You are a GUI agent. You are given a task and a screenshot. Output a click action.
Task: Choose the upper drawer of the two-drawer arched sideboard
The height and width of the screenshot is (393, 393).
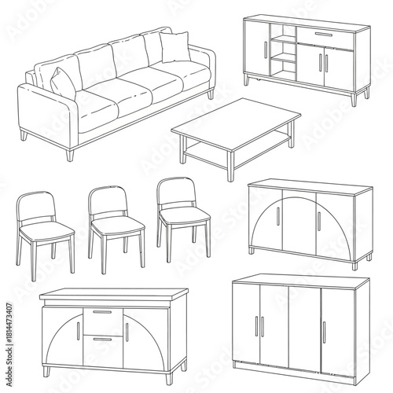tap(102, 318)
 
